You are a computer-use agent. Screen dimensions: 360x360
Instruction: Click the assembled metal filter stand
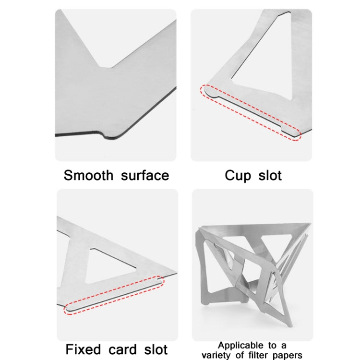click(252, 271)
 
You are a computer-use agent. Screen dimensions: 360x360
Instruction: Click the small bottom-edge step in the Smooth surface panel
click(103, 135)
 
